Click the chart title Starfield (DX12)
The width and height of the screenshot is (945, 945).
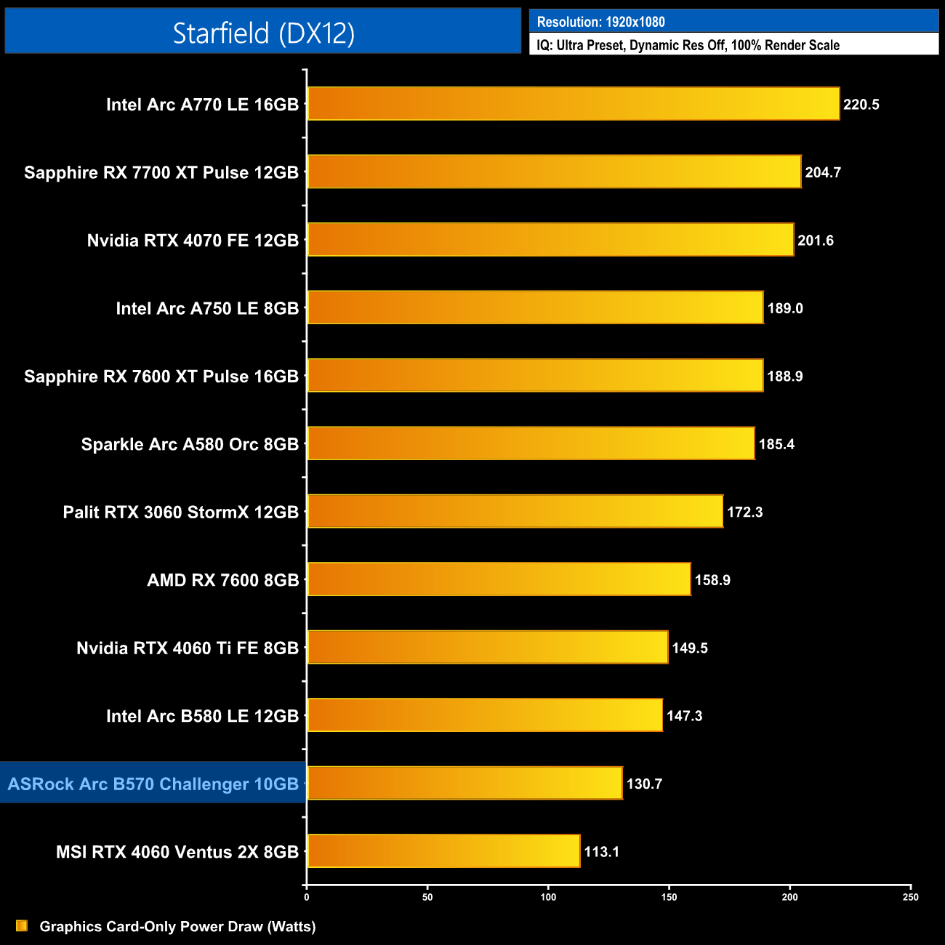click(x=263, y=33)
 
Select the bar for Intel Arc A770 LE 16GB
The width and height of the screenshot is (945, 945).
click(x=573, y=104)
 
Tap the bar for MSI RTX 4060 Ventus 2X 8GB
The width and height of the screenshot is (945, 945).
click(x=443, y=851)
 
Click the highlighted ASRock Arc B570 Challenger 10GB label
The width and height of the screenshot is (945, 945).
click(x=153, y=784)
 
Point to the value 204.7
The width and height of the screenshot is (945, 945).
click(x=823, y=172)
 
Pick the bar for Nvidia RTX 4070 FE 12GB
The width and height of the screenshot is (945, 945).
click(x=550, y=240)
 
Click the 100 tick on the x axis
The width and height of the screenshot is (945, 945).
click(x=549, y=897)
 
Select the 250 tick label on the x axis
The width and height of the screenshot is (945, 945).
click(x=911, y=897)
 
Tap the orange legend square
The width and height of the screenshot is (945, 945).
click(x=22, y=926)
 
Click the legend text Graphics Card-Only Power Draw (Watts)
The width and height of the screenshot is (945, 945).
click(x=177, y=926)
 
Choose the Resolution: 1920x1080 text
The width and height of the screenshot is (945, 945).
click(x=600, y=22)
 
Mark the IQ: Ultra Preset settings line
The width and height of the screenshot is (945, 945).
click(x=688, y=45)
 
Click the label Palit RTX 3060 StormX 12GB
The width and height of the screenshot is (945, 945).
click(x=181, y=512)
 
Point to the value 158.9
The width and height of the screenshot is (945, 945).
click(x=712, y=580)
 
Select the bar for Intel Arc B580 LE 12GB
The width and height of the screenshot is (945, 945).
click(x=485, y=715)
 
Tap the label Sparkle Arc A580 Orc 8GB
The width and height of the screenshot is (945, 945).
click(x=190, y=444)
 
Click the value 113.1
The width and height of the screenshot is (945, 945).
click(x=602, y=851)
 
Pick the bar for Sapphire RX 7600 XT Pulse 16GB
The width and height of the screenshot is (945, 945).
click(x=535, y=376)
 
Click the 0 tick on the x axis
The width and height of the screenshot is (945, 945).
click(x=307, y=897)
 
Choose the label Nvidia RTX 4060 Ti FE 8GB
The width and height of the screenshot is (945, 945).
click(x=188, y=648)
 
